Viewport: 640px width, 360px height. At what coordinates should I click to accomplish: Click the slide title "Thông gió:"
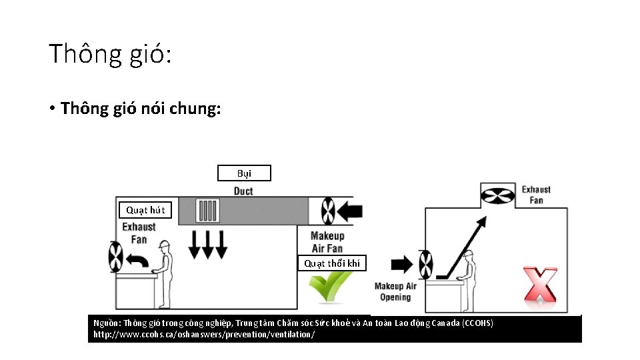(x=110, y=53)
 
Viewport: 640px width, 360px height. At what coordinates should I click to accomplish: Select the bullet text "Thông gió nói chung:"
(x=140, y=108)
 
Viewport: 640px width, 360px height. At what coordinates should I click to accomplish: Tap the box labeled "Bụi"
(x=244, y=173)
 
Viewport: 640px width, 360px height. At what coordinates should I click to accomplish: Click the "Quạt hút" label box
(x=145, y=210)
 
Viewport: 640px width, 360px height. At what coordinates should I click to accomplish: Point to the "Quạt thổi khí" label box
(x=332, y=263)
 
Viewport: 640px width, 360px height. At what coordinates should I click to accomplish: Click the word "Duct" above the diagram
(x=243, y=191)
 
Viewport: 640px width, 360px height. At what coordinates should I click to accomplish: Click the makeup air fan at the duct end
(x=327, y=211)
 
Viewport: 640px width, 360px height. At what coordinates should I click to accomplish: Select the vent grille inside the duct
(x=209, y=211)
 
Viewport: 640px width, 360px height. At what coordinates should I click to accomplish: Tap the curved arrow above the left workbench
(x=139, y=261)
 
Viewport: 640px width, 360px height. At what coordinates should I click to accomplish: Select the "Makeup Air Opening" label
(x=395, y=291)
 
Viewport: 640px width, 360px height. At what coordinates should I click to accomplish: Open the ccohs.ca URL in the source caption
(x=204, y=334)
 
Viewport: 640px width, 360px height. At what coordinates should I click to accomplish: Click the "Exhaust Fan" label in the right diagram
(x=536, y=195)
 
